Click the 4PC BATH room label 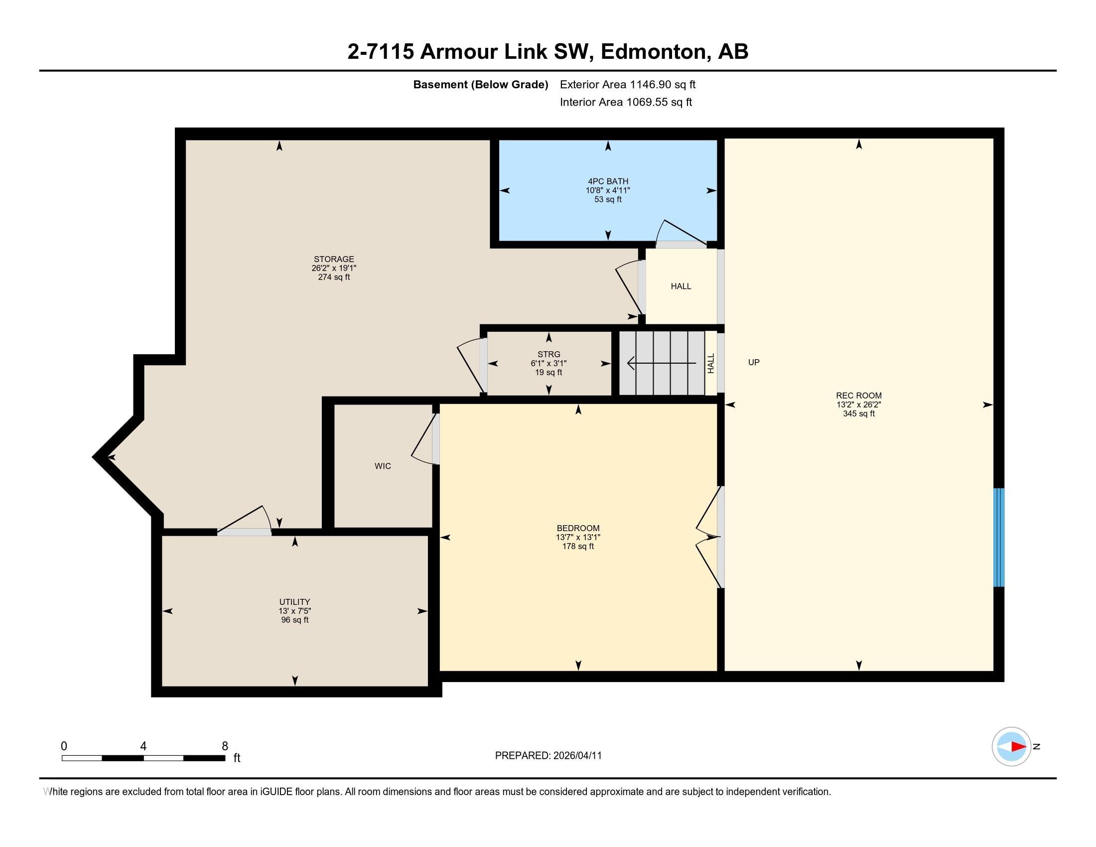(608, 181)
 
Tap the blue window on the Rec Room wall (999, 537)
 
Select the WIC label (383, 466)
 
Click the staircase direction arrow (661, 363)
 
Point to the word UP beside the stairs (753, 362)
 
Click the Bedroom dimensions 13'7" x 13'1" (577, 537)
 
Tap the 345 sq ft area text (858, 414)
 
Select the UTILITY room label (294, 602)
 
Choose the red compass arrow (1018, 747)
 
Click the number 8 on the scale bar (225, 746)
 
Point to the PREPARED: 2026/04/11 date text (548, 755)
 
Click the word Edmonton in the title (653, 52)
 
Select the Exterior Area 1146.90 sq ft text (627, 84)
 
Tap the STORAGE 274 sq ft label (334, 277)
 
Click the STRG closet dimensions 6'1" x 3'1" (548, 363)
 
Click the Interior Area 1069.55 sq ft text (625, 102)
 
